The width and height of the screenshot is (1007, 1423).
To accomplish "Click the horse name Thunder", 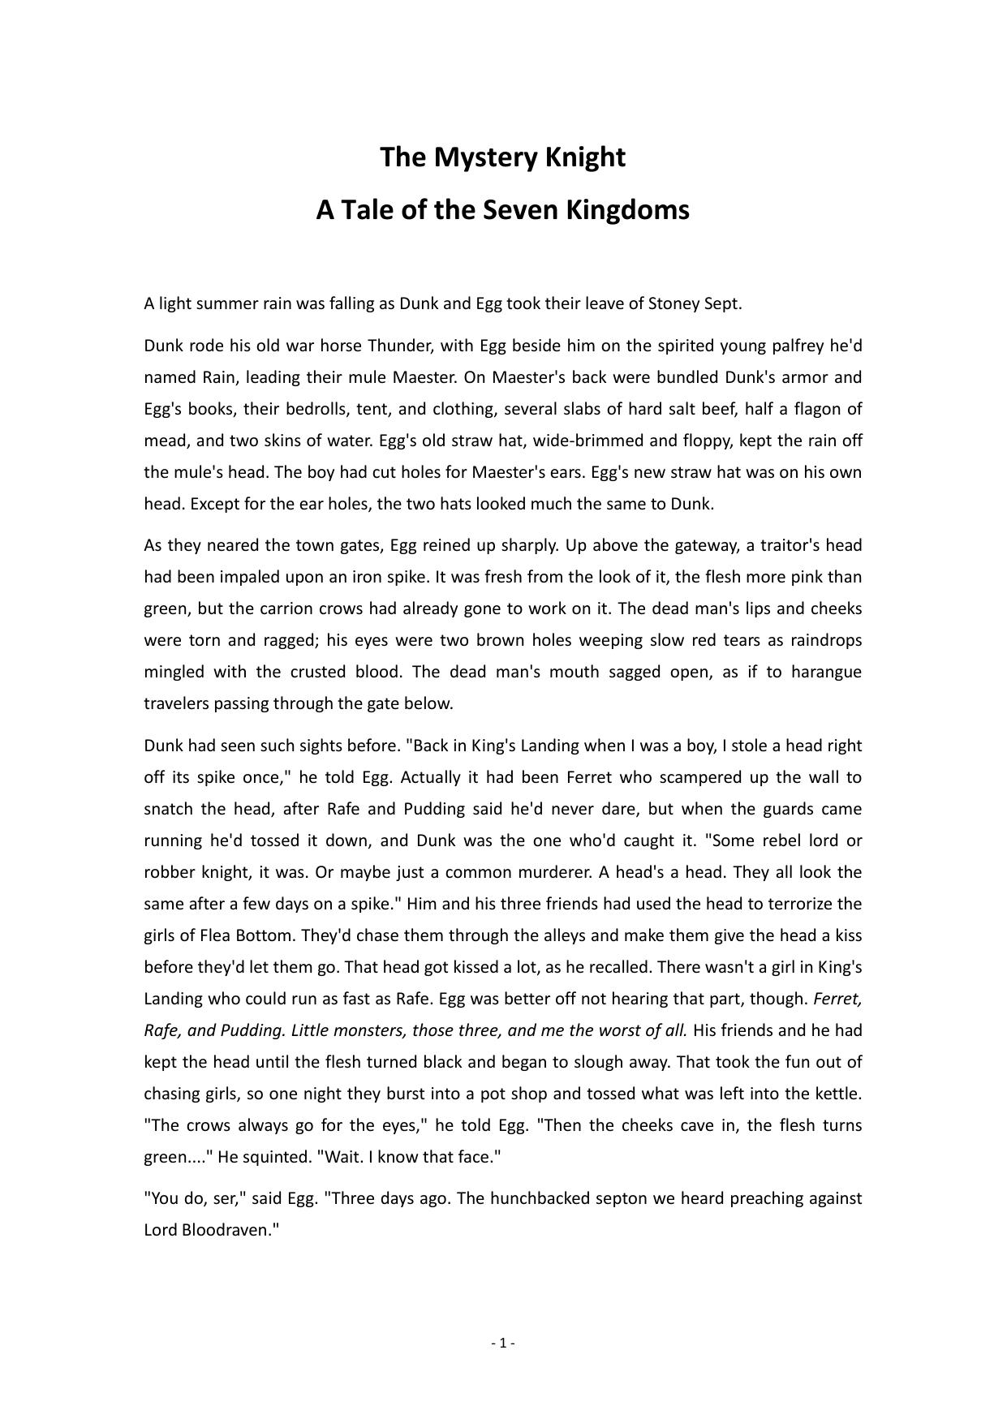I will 398,346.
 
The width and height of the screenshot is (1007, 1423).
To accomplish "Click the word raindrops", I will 826,641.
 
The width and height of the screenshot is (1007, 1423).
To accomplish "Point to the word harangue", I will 826,673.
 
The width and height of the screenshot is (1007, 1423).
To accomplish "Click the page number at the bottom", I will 503,1343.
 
